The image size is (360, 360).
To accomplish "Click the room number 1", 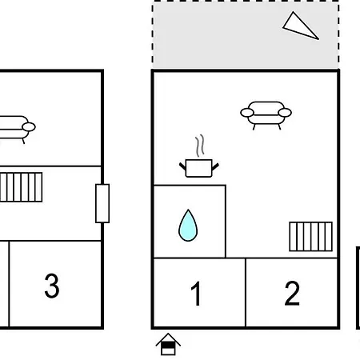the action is pos(197,294).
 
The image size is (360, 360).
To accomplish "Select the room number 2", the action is pos(292,293).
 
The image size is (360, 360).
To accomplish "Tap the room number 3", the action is pos(52,286).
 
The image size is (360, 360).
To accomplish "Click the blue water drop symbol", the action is pos(188,226).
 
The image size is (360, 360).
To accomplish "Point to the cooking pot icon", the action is pos(199,168).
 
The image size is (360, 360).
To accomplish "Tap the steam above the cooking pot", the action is pos(200,146).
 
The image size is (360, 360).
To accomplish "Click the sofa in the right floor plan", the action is pos(266,115).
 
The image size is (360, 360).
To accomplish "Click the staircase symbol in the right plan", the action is pos(311,237).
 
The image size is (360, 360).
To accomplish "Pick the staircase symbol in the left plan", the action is pos(21,187).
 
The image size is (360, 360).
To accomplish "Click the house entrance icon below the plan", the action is pos(168,344).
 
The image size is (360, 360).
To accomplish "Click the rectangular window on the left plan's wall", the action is pos(102,203).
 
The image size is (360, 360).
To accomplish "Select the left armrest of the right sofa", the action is pos(247,113).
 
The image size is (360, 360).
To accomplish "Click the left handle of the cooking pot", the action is pos(182,166).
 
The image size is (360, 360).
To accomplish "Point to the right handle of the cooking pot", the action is pos(215,166).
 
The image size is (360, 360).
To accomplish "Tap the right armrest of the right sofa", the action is pos(285,113).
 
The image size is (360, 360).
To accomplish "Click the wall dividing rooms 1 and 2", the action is pos(246,293).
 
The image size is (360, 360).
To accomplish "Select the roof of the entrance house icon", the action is pos(168,339).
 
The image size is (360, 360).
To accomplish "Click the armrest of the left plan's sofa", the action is pos(29,127).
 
